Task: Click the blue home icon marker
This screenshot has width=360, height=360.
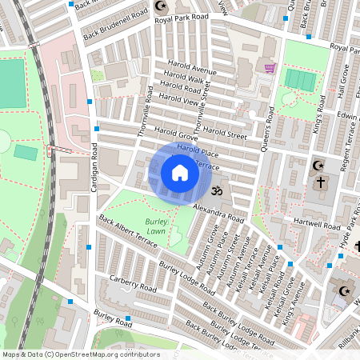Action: [x=180, y=172]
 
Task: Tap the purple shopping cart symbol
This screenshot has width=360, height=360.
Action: [x=270, y=68]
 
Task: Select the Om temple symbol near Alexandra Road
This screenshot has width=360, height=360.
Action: [x=215, y=191]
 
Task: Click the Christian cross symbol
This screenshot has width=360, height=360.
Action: [x=321, y=182]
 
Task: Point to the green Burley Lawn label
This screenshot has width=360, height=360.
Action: [x=156, y=226]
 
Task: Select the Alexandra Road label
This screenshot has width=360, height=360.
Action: [x=218, y=212]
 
